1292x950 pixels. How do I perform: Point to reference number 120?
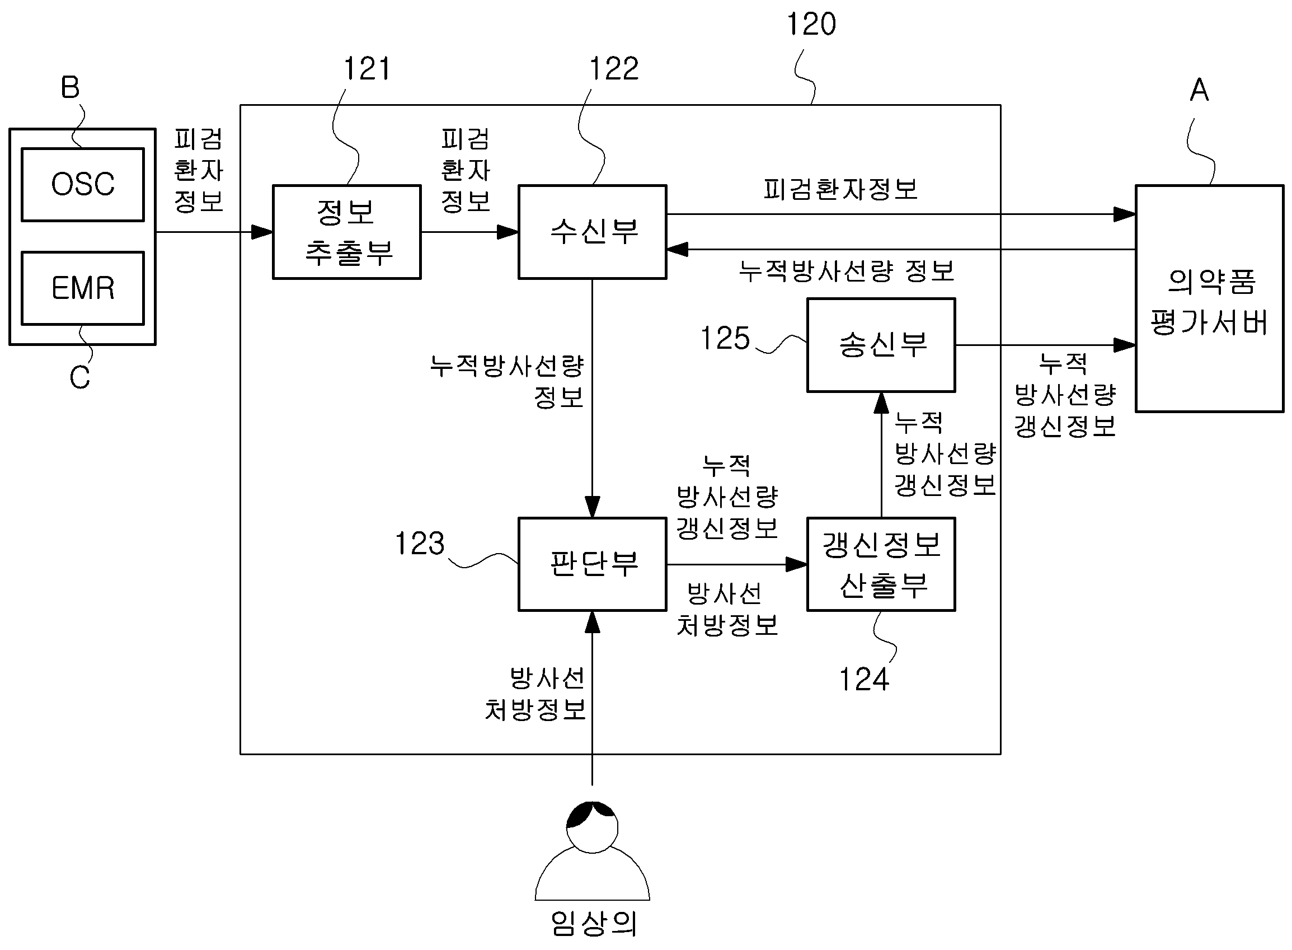click(811, 24)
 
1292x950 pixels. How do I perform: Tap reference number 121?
click(367, 69)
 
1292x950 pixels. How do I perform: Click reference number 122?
click(614, 69)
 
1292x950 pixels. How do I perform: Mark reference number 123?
click(420, 544)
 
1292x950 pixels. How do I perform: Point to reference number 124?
click(864, 679)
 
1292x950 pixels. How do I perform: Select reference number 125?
click(725, 338)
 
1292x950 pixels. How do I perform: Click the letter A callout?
click(1199, 90)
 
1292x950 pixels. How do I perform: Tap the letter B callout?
click(70, 87)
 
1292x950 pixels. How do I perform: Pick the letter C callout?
click(80, 378)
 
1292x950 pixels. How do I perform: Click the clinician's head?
click(592, 827)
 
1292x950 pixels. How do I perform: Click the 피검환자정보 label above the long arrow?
click(840, 189)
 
